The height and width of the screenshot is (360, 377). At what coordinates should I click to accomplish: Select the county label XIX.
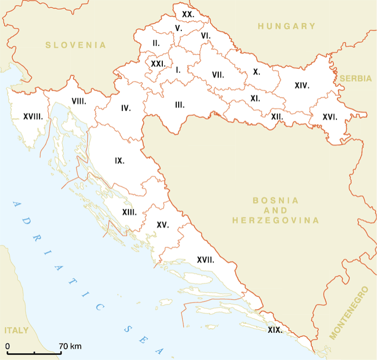coord(275,330)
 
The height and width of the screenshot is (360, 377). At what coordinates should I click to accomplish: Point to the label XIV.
coord(301,85)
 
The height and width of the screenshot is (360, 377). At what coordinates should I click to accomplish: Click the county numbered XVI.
coord(330,117)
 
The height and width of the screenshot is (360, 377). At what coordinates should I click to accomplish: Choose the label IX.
coord(120,160)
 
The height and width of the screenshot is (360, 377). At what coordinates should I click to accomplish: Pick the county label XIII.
coord(129,212)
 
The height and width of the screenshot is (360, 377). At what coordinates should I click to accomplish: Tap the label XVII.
coord(205,260)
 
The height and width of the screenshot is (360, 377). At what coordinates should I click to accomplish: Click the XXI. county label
coord(158,64)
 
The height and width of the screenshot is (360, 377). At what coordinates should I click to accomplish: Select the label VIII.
coord(79,101)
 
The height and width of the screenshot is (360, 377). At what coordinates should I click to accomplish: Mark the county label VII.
coord(218,75)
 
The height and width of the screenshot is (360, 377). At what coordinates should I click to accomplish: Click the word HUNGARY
coord(287,26)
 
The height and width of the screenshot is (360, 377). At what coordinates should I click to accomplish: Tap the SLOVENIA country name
coord(76,45)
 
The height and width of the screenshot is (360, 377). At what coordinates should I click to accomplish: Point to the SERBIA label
coord(355,79)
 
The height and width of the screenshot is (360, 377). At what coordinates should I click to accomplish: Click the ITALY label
coord(16,330)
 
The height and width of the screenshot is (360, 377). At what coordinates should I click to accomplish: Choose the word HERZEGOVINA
coord(275,220)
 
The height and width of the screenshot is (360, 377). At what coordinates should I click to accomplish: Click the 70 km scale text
coord(69,345)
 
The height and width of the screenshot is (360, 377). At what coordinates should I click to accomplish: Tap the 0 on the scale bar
coord(7,345)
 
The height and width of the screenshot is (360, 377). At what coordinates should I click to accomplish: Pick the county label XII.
coord(277,117)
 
